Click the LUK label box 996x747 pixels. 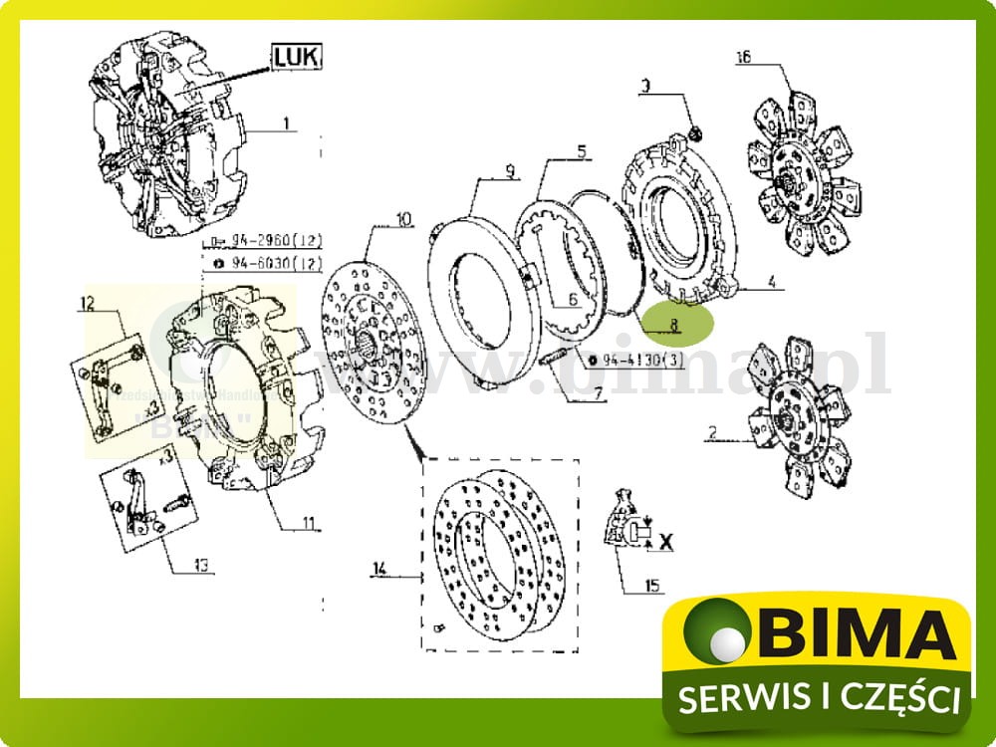(297, 60)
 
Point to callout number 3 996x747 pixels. (644, 88)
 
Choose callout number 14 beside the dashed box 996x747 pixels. (378, 570)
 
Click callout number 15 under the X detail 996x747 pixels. (652, 586)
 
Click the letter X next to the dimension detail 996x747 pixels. (667, 542)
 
